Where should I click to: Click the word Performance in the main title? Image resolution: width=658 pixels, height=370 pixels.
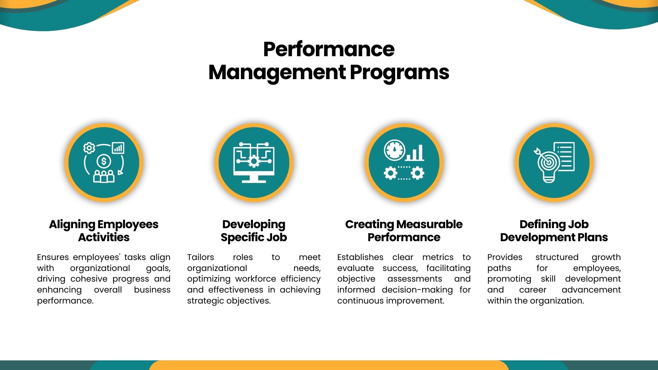pos(329,49)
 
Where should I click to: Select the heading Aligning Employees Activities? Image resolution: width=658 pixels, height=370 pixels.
pos(104,231)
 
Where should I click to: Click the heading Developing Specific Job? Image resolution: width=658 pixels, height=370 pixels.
pos(254,231)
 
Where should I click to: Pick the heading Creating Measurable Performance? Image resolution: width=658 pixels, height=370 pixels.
pos(404,231)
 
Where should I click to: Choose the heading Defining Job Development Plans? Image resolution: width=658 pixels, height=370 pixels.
pos(554,231)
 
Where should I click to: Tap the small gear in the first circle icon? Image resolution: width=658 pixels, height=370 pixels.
pos(89,148)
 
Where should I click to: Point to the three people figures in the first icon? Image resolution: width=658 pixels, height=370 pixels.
pos(104,176)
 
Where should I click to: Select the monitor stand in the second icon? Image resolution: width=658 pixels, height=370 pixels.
pos(254,178)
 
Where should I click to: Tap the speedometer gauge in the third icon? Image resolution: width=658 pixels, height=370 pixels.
pos(394,150)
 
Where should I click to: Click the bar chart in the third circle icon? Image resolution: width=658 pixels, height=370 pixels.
pos(415,153)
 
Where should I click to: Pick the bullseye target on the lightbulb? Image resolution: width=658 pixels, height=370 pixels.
pos(547,162)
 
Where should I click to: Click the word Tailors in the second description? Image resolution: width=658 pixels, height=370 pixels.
pos(200,257)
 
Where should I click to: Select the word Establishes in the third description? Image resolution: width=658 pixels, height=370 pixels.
pos(360,257)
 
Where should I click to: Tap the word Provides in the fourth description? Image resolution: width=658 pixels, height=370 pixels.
pos(505,257)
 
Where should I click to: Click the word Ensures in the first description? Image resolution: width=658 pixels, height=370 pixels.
pos(53,257)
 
